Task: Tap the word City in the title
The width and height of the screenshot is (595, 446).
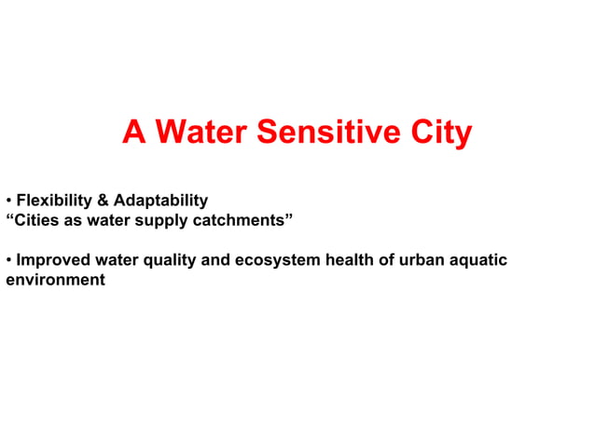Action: pyautogui.click(x=441, y=134)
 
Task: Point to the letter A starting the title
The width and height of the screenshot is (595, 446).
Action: pyautogui.click(x=133, y=134)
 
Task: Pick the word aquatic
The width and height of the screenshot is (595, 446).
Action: pyautogui.click(x=477, y=260)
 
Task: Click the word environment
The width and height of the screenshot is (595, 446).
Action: pyautogui.click(x=55, y=280)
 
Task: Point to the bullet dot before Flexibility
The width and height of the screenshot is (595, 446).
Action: pyautogui.click(x=8, y=202)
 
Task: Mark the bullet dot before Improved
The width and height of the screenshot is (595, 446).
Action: pyautogui.click(x=8, y=260)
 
